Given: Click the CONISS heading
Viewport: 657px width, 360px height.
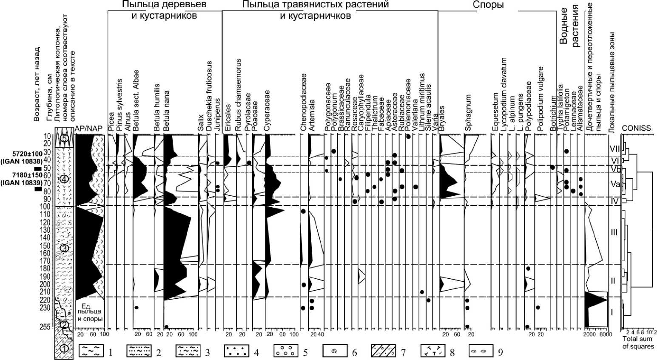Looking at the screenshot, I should [x=636, y=128].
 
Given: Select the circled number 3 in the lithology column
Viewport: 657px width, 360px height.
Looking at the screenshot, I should [x=64, y=248].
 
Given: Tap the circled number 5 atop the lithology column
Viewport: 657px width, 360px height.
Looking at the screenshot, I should [x=64, y=138].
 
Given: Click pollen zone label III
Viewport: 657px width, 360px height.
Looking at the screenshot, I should [x=614, y=232].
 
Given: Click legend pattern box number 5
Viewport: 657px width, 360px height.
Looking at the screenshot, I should [x=286, y=351].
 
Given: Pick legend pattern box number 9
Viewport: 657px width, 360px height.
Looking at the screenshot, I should [x=481, y=351].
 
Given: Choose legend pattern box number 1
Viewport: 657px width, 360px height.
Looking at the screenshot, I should [x=91, y=351].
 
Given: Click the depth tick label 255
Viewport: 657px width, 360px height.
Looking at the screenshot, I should [x=45, y=327].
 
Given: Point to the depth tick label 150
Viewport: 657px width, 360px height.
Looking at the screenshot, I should [x=45, y=246].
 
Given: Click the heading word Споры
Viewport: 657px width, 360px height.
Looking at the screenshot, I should [x=488, y=5].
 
